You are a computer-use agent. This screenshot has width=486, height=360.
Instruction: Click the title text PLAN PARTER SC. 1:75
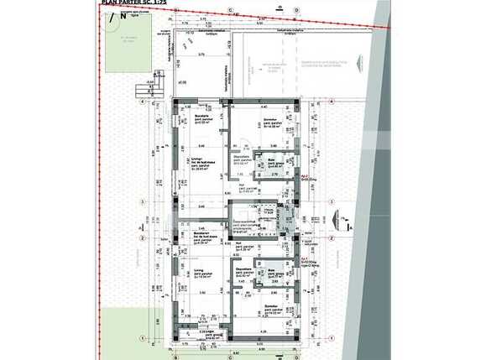point(133,3)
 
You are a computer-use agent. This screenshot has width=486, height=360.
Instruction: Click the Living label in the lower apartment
point(199,273)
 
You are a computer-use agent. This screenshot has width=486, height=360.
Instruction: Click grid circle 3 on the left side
point(144,201)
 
